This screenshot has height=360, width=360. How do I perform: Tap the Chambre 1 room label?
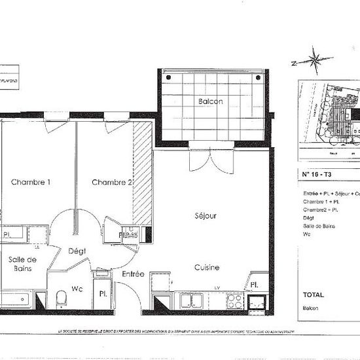point(31,182)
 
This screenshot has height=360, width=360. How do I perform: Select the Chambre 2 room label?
point(112,182)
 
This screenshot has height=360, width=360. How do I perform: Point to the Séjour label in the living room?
point(205,215)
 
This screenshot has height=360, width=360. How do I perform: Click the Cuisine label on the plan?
point(206,267)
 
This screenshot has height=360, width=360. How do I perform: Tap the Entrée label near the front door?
point(133,274)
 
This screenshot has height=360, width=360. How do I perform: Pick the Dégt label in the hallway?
point(77,251)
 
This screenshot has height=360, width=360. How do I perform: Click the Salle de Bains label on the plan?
point(22,264)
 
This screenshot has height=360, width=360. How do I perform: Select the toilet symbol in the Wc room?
point(62,299)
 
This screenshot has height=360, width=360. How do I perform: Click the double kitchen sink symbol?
point(191,300)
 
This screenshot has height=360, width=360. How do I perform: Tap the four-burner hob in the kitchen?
point(235,300)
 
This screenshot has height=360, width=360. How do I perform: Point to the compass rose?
point(315,62)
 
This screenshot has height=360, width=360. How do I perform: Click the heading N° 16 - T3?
point(317,175)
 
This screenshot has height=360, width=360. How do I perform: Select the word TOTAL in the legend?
point(313,295)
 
